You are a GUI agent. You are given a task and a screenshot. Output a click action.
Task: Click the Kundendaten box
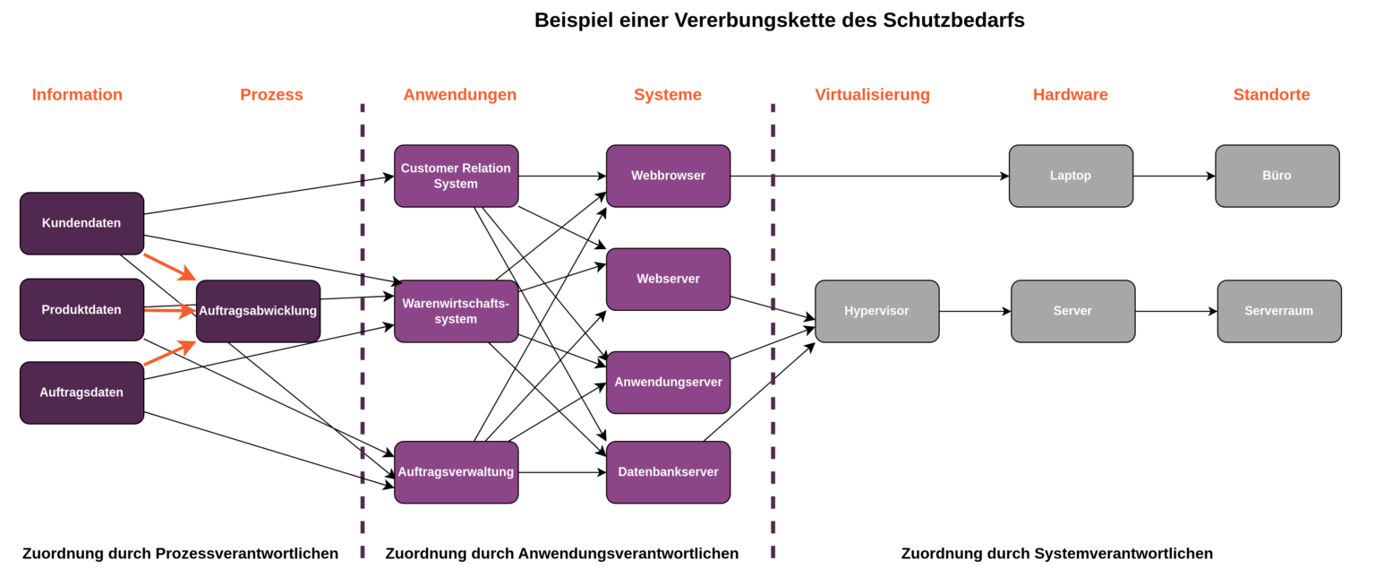pyautogui.click(x=81, y=223)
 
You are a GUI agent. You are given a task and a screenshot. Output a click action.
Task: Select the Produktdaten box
pyautogui.click(x=81, y=310)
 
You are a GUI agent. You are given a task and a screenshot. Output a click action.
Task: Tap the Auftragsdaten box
pyautogui.click(x=81, y=392)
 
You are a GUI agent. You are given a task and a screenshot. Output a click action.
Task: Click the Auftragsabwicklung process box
pyautogui.click(x=258, y=311)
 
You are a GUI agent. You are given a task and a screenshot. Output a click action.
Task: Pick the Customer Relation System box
pyautogui.click(x=456, y=176)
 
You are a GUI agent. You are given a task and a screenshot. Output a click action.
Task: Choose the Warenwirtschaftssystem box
pyautogui.click(x=456, y=311)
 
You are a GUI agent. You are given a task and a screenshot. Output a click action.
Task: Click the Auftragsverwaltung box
pyautogui.click(x=456, y=472)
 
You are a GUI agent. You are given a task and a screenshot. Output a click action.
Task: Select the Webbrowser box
pyautogui.click(x=668, y=176)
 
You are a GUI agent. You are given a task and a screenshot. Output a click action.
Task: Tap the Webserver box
pyautogui.click(x=668, y=279)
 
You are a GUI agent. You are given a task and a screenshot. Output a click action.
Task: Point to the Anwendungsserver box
pyautogui.click(x=668, y=383)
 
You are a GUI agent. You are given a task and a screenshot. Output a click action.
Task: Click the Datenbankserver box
pyautogui.click(x=668, y=472)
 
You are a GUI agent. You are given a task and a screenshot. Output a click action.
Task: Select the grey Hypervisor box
pyautogui.click(x=876, y=311)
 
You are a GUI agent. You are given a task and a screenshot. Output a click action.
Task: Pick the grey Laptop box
pyautogui.click(x=1071, y=176)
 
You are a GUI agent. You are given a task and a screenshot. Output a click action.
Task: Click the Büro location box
pyautogui.click(x=1277, y=176)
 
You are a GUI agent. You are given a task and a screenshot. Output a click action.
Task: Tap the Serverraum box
pyautogui.click(x=1278, y=311)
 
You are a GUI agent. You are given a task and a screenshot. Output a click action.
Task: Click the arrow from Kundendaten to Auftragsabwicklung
pyautogui.click(x=169, y=266)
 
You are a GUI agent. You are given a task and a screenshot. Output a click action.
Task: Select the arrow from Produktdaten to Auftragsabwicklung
pyautogui.click(x=169, y=311)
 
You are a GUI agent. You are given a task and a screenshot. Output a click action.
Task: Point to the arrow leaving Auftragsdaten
pyautogui.click(x=169, y=355)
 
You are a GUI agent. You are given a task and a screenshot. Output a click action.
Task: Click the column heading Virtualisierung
pyautogui.click(x=872, y=95)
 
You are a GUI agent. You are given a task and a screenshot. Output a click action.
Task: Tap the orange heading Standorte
pyautogui.click(x=1271, y=95)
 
